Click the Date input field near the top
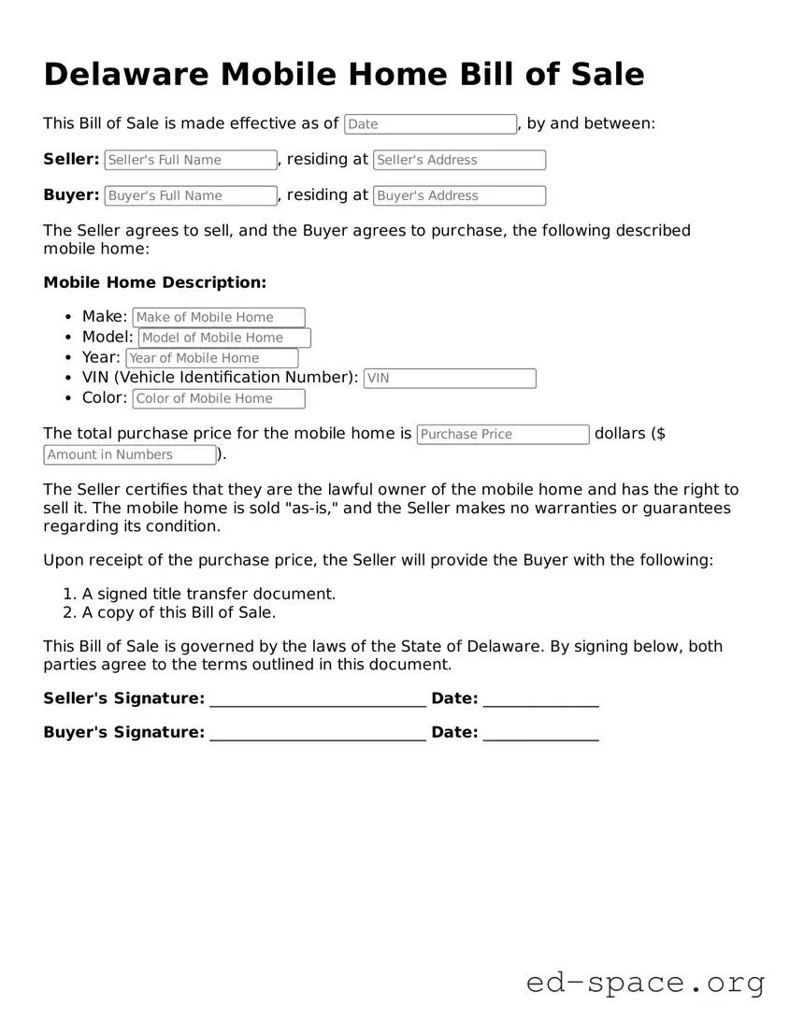(x=430, y=124)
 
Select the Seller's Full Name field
(x=191, y=160)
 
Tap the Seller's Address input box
(x=459, y=160)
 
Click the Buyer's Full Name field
(x=191, y=195)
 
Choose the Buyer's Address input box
(x=459, y=195)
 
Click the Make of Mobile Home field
(x=219, y=317)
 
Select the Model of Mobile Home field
(x=224, y=338)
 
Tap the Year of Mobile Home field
(x=212, y=358)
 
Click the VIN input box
(x=450, y=378)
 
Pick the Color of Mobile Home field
(x=219, y=398)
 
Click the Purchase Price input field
(x=503, y=434)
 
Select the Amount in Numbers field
(x=130, y=454)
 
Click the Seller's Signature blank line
(x=318, y=699)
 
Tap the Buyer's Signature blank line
(x=318, y=733)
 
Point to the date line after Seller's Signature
(x=540, y=699)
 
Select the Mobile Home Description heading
(x=155, y=282)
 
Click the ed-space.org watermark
(x=645, y=983)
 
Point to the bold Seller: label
(x=71, y=159)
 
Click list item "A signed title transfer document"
(x=208, y=594)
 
